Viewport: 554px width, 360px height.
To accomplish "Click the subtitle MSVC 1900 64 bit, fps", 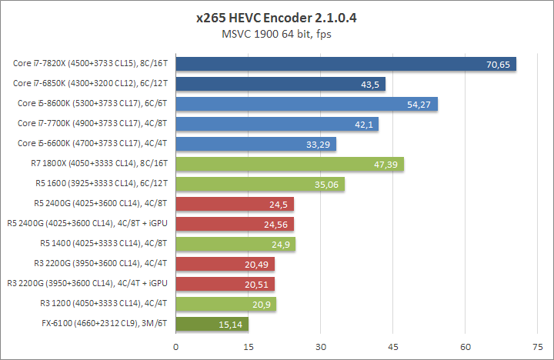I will point(277,34).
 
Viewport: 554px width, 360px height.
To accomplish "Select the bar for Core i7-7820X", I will point(345,63).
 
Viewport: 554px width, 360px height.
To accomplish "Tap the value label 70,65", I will point(499,64).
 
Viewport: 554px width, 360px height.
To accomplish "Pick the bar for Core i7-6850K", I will point(280,83).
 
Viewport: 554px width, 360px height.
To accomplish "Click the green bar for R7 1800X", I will point(289,163).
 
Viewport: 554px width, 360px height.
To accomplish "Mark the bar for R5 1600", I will point(260,183).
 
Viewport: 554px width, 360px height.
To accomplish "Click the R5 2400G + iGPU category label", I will point(87,223).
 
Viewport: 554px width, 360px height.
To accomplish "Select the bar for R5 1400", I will point(235,244).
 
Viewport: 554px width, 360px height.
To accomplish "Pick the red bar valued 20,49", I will point(225,264).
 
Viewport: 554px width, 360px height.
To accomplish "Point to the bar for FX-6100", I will point(212,324).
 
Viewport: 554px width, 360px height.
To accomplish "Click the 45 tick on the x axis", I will point(393,346).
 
